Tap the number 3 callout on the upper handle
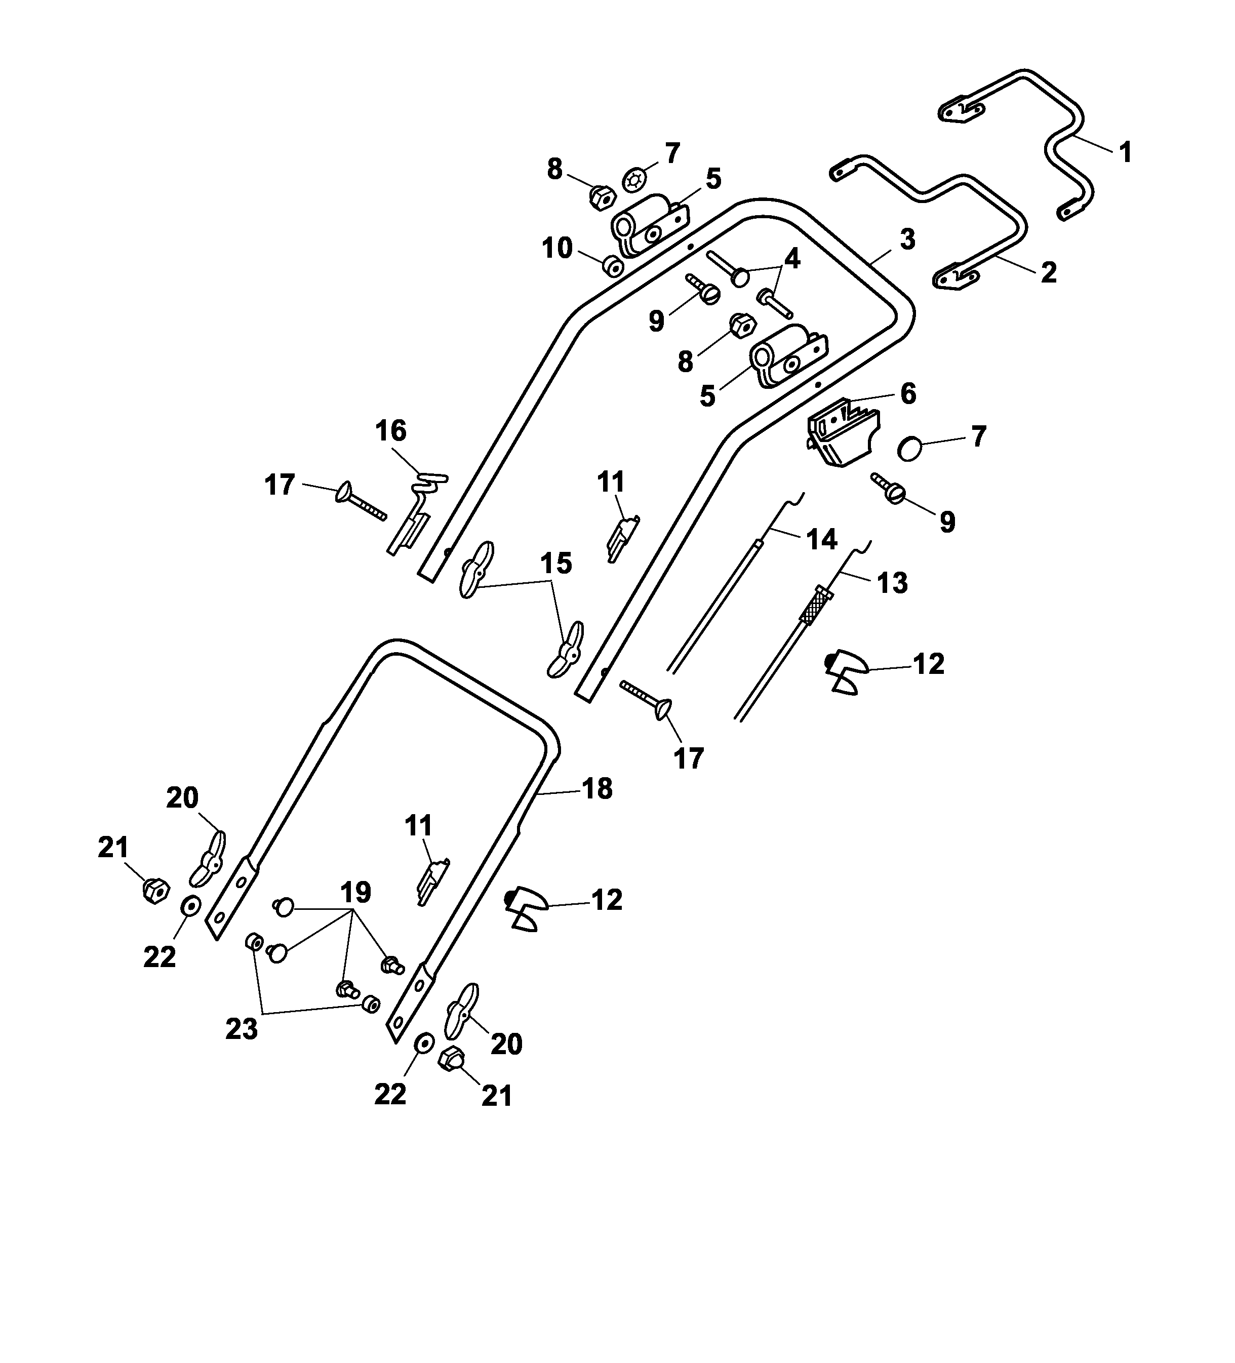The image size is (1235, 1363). [x=907, y=239]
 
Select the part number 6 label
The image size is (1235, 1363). [x=908, y=393]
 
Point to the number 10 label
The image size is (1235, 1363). [x=557, y=249]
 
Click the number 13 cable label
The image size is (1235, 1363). [x=892, y=583]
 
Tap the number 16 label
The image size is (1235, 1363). [x=391, y=431]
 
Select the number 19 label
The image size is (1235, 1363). [x=355, y=893]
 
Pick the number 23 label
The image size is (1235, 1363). [x=242, y=1029]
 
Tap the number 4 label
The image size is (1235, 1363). [x=791, y=258]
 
